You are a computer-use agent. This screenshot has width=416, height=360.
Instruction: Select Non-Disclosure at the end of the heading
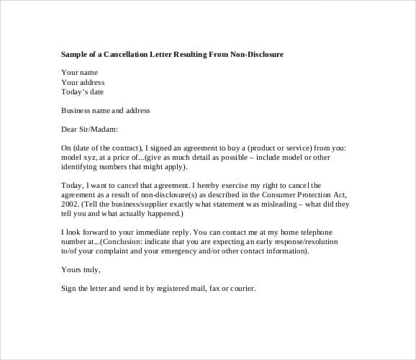pos(256,54)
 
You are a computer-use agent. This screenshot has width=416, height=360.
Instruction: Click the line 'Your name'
pos(79,72)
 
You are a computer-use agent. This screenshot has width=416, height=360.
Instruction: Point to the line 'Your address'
pos(83,82)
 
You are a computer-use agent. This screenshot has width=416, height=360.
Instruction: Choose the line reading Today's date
pos(83,91)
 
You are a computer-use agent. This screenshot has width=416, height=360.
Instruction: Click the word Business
pos(76,110)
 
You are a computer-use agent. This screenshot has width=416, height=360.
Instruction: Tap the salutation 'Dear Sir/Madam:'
pos(89,130)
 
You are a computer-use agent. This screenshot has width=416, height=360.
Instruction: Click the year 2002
pos(71,204)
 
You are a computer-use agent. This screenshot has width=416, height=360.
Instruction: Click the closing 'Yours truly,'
pos(81,270)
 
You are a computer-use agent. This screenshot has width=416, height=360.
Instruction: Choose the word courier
pos(238,289)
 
